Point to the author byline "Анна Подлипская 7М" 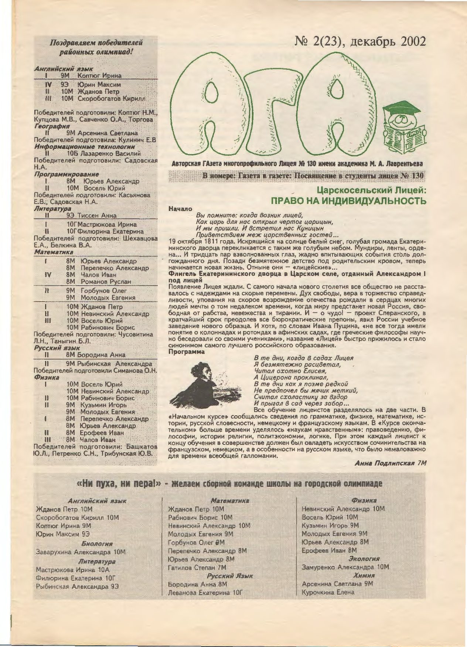tap(390, 463)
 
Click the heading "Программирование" tap(67, 174)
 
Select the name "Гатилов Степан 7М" tap(197, 567)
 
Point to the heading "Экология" tap(364, 558)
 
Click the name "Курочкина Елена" tap(328, 592)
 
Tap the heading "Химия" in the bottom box tap(364, 575)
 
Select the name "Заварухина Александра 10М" tap(81, 552)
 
